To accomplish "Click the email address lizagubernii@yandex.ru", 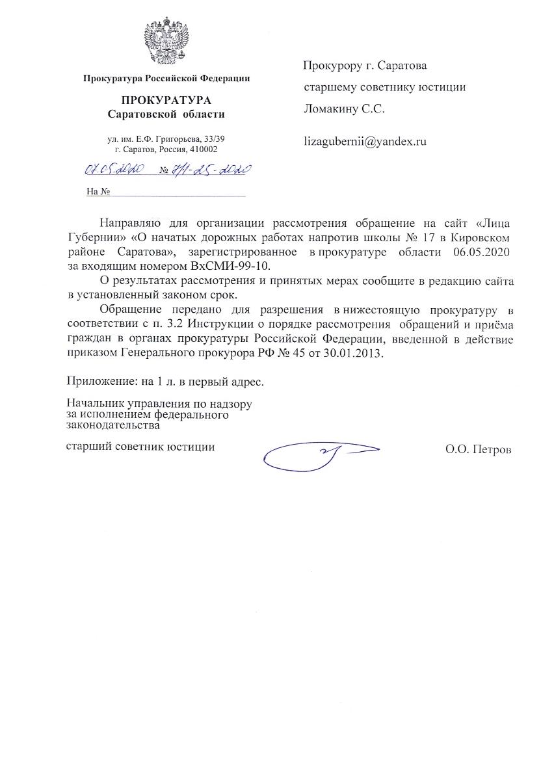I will (x=365, y=141).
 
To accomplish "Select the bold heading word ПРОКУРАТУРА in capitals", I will (x=166, y=101).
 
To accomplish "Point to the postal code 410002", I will (x=204, y=149).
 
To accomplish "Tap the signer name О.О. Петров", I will (x=479, y=449).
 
